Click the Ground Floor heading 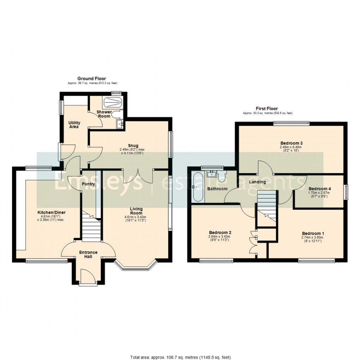point(92,79)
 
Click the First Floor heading point(267,109)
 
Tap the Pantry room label point(88,184)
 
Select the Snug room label point(133,145)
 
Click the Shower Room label point(104,114)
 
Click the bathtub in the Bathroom point(198,187)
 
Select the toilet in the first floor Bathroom point(222,176)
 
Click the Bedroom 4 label point(320,188)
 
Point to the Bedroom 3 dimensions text point(292,149)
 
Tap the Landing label point(257,182)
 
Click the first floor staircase point(267,205)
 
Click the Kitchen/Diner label point(52,212)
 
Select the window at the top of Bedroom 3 point(292,123)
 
